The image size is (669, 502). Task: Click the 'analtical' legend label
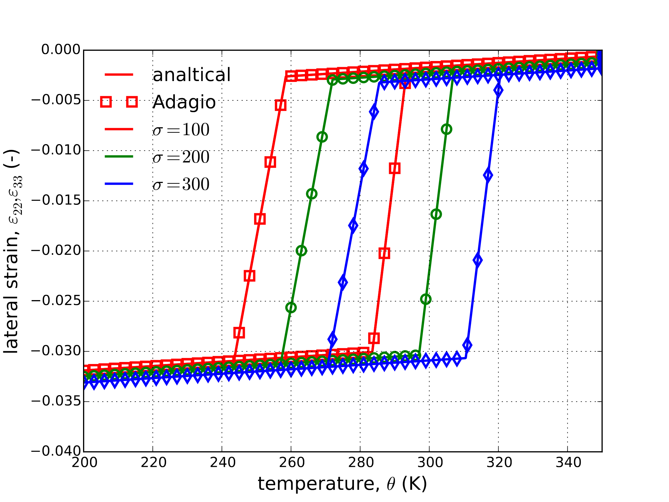coord(191,75)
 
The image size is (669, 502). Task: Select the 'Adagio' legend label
coord(184,102)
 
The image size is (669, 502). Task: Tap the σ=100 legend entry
coord(181,130)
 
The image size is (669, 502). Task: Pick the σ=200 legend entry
coord(181,157)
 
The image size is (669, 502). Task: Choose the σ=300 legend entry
coord(181,184)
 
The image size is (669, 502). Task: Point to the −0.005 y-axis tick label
coord(56,100)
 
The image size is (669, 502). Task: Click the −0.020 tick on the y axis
coord(56,250)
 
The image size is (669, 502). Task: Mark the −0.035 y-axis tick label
coord(56,401)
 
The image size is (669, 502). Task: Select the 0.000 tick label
coord(61,50)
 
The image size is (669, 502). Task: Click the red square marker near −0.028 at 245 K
coord(239,333)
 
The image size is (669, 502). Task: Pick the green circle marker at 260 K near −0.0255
coord(291,307)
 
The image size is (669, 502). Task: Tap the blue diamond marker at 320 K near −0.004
coord(499,90)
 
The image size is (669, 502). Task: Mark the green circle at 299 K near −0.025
coord(426,299)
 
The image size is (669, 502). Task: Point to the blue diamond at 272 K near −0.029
coord(332,339)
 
